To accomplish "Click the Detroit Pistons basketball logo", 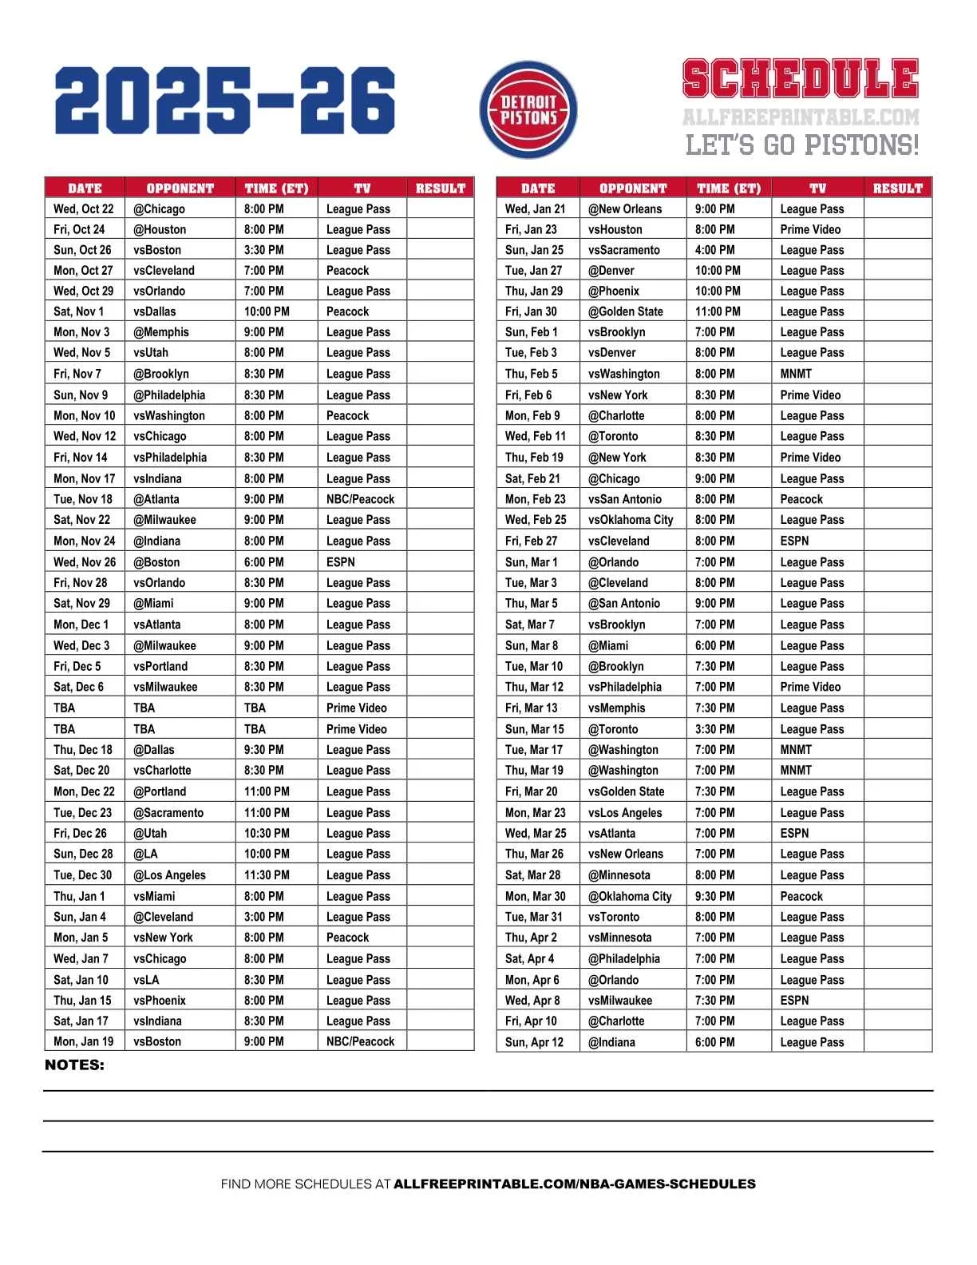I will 528,109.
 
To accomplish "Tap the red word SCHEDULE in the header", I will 800,79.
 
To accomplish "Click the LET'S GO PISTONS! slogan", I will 801,145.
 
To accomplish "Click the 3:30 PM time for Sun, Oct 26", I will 264,250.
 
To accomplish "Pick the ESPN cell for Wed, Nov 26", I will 341,562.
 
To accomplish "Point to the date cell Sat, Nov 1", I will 78,311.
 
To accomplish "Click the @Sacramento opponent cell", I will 168,813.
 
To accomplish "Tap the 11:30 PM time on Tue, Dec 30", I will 267,875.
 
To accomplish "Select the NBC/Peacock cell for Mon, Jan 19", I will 360,1041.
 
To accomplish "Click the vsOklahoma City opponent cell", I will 631,520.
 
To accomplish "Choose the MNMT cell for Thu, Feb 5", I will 796,374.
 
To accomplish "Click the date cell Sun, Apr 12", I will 534,1042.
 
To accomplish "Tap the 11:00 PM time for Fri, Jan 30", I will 718,311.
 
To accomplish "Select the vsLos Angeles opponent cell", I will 625,813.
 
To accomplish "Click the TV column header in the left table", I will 362,188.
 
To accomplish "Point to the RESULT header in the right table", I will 897,188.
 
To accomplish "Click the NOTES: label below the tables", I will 74,1065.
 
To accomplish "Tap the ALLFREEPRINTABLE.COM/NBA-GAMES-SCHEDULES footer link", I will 575,1184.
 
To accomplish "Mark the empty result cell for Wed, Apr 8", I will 897,1001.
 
